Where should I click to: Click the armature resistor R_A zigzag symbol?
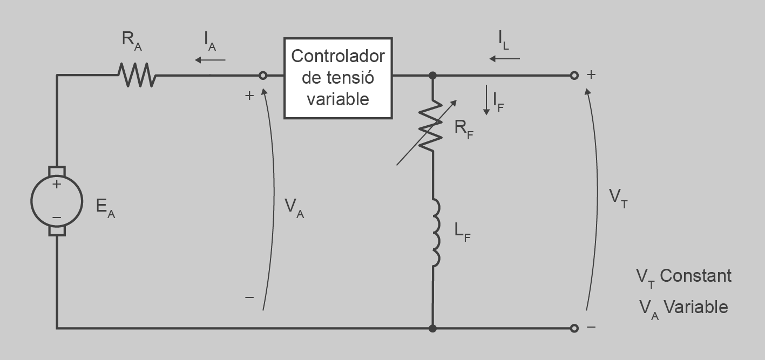coord(137,75)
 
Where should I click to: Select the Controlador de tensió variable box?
coord(338,78)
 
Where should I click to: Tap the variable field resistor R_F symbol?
coord(432,125)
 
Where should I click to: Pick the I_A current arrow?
coord(210,59)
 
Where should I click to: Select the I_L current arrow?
coord(505,58)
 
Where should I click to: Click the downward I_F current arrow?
coord(486,100)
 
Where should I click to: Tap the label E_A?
coord(105,208)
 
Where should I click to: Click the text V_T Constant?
coord(683,276)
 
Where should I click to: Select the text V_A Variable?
coord(683,308)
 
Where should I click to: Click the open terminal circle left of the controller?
coord(263,76)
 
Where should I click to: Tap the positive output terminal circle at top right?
coord(574,76)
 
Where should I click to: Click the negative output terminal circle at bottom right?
coord(574,328)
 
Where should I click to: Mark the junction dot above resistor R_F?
coord(432,76)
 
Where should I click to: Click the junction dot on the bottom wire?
coord(432,328)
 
